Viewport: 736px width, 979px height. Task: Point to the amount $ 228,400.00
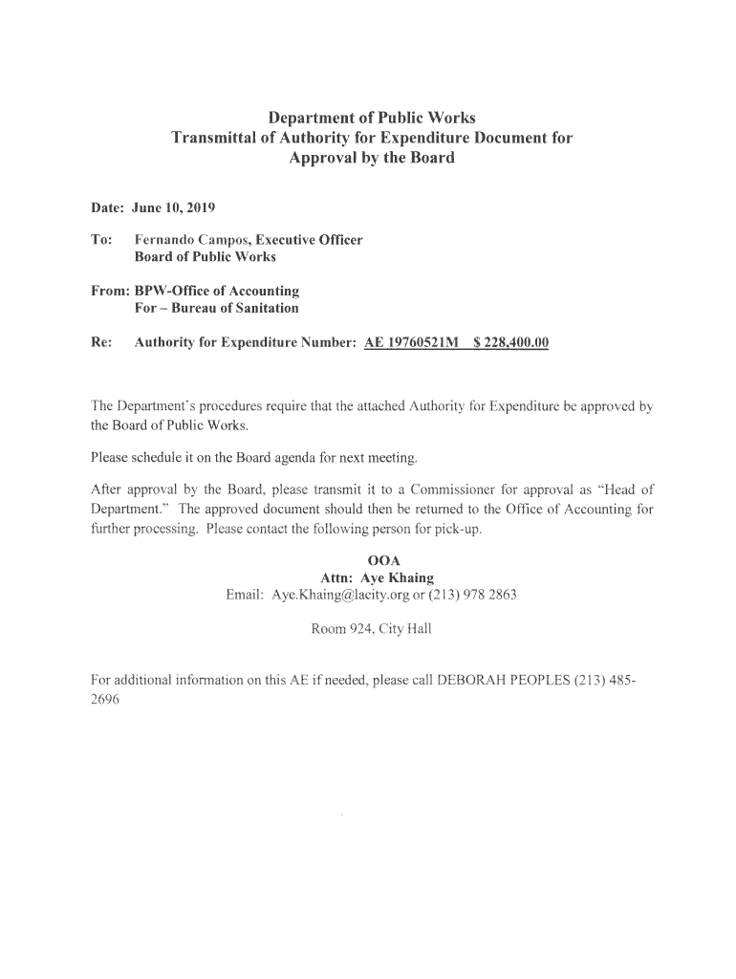coord(511,342)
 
